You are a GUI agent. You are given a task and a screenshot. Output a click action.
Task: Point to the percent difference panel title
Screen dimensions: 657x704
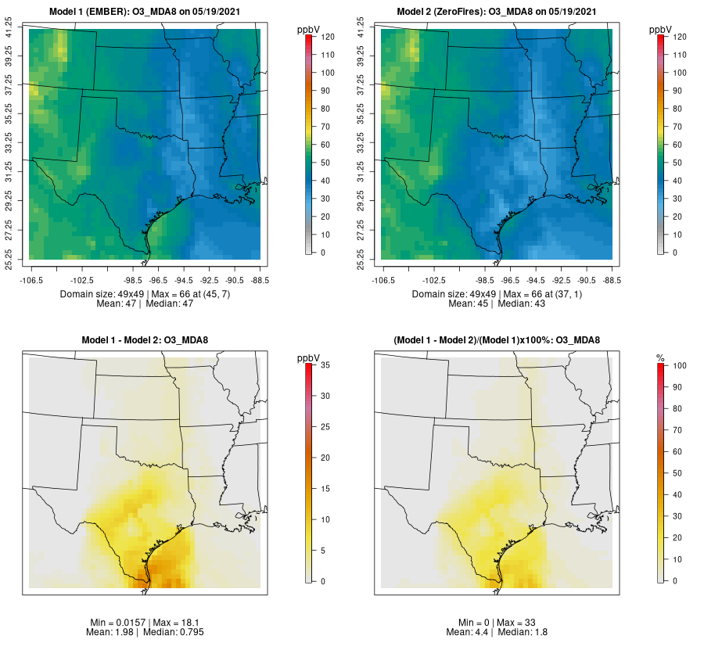click(497, 339)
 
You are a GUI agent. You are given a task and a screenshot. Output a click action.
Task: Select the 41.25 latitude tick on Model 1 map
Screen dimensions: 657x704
click(9, 29)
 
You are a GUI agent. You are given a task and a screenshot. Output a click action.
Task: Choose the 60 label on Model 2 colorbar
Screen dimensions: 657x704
click(680, 145)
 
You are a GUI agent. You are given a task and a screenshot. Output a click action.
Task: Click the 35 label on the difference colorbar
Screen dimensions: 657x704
click(329, 365)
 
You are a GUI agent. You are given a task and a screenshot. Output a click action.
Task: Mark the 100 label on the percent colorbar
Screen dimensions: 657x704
click(680, 365)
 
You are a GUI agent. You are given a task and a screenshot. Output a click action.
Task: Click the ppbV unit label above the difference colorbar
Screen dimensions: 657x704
click(308, 358)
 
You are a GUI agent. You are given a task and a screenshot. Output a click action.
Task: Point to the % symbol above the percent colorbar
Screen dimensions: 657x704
click(660, 358)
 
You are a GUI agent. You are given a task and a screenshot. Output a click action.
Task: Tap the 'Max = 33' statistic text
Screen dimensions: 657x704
click(517, 623)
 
